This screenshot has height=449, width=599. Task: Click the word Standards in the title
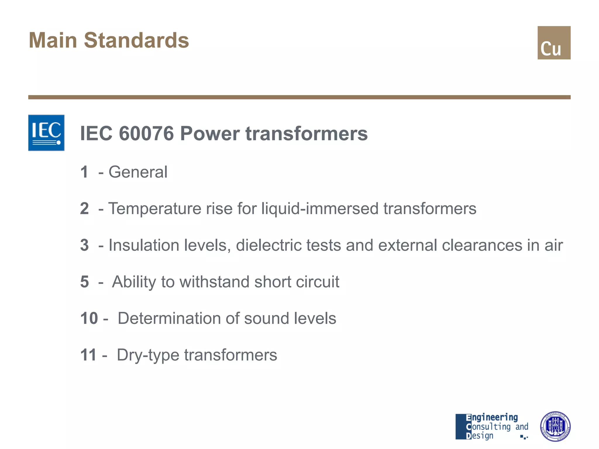[136, 40]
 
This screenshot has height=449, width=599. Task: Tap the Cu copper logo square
[554, 43]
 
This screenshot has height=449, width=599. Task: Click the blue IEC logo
[46, 133]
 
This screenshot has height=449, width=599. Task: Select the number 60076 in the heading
[146, 134]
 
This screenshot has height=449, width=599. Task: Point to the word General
[138, 172]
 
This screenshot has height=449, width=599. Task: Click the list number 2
[84, 209]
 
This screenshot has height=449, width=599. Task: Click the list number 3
[84, 245]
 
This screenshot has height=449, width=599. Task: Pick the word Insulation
[144, 245]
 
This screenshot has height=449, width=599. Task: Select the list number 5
[84, 282]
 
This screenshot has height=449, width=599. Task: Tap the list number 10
[89, 318]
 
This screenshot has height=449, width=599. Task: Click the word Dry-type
[148, 355]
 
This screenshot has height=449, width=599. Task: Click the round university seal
[555, 426]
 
